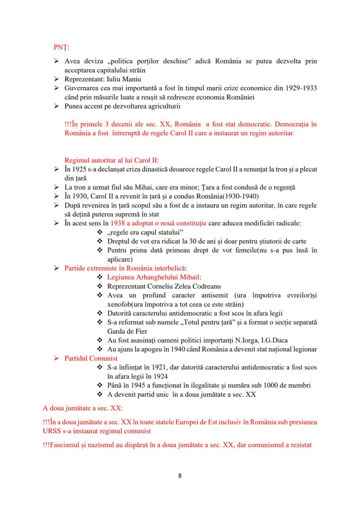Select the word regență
pyautogui.click(x=283, y=187)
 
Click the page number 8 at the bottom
pyautogui.click(x=180, y=475)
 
